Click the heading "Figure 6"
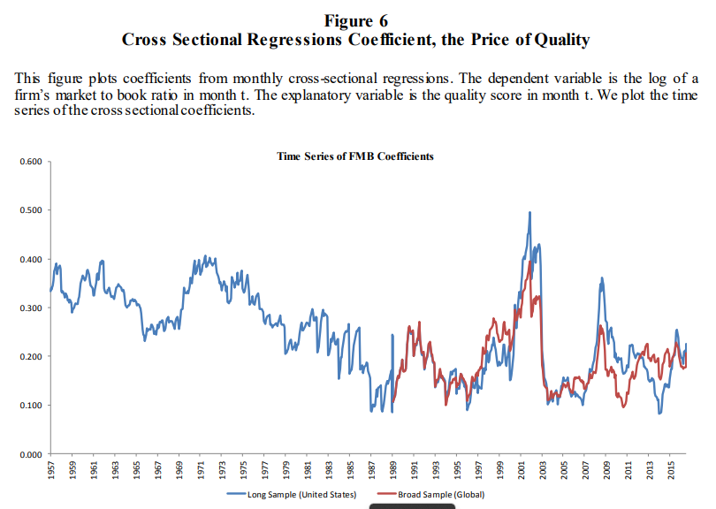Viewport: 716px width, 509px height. pyautogui.click(x=355, y=20)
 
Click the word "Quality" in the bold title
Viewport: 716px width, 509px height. pyautogui.click(x=561, y=40)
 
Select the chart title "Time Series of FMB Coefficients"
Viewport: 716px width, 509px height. pyautogui.click(x=354, y=156)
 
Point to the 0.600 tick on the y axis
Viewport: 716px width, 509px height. pyautogui.click(x=31, y=162)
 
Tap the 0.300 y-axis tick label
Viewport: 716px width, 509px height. pyautogui.click(x=31, y=308)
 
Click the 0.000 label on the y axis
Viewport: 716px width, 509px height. pyautogui.click(x=31, y=454)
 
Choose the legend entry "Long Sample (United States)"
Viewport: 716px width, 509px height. pyautogui.click(x=292, y=494)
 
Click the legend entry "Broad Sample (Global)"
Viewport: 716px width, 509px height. pyautogui.click(x=431, y=494)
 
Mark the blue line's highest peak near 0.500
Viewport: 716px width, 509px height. pyautogui.click(x=529, y=212)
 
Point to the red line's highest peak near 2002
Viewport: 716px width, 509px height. pyautogui.click(x=529, y=262)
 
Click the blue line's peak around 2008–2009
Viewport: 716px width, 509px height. pyautogui.click(x=602, y=277)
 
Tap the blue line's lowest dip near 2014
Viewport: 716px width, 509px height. pyautogui.click(x=659, y=414)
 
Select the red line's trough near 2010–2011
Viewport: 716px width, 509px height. pyautogui.click(x=624, y=406)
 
